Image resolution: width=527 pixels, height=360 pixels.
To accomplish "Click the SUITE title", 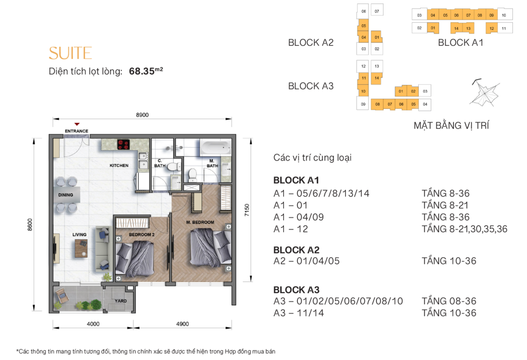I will pos(70,53).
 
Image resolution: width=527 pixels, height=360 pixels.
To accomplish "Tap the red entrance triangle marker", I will pos(77,124).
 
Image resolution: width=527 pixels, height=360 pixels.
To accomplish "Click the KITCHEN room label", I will pos(119,166).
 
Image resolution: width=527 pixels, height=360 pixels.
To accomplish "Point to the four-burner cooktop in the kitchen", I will pos(123,144).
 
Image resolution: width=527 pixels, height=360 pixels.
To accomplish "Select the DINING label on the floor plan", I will pos(65,195).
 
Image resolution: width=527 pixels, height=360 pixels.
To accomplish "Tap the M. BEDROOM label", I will pos(200,222).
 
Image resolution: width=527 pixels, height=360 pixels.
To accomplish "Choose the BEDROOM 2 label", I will pos(142,235).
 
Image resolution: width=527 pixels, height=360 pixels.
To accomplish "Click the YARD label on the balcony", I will pos(121,301).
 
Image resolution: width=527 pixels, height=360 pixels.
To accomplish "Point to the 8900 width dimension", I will pos(142,115).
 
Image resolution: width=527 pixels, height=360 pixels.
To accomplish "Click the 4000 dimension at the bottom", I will pos(93,324).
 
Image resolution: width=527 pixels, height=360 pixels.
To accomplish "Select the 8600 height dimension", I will pos(30,225).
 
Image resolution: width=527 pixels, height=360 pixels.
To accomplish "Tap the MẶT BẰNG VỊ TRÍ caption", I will pos(451,126).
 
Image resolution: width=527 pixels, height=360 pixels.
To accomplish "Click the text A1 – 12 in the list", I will pos(291,229).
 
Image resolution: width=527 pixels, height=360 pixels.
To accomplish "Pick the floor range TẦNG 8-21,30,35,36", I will pos(464,229).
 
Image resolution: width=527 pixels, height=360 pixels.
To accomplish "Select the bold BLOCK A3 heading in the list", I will pos(296,290).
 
